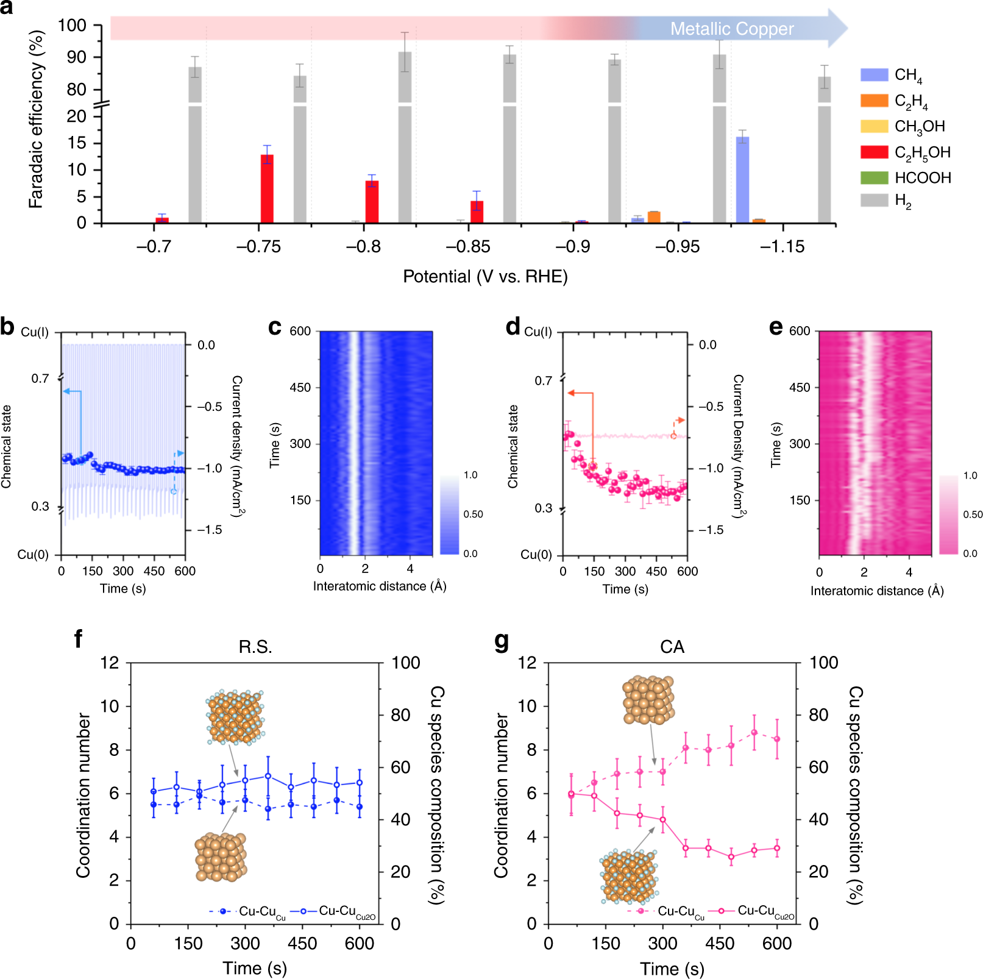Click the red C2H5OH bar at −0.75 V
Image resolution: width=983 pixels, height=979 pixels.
(267, 189)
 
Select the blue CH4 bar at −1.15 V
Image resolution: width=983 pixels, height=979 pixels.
(742, 180)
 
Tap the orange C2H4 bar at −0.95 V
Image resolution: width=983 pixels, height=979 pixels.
(654, 217)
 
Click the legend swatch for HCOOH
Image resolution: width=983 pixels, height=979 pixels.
(874, 177)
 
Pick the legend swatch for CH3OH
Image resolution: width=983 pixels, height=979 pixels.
(874, 126)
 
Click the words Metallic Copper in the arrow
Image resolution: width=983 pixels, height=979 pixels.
(731, 29)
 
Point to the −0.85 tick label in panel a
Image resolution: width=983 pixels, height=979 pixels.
(468, 246)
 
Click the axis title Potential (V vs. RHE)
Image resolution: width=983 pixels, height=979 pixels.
(485, 277)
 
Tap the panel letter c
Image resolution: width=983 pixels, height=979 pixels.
(275, 327)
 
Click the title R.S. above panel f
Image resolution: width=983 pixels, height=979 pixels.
(255, 647)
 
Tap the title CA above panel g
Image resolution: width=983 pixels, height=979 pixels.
(672, 647)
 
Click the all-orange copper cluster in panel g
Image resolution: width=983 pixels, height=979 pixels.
(648, 700)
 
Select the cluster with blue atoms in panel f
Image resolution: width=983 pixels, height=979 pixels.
(235, 717)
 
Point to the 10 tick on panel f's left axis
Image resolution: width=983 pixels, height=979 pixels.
(110, 706)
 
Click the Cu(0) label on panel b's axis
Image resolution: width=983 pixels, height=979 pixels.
(33, 554)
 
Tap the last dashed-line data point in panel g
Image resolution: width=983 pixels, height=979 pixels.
(777, 739)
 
